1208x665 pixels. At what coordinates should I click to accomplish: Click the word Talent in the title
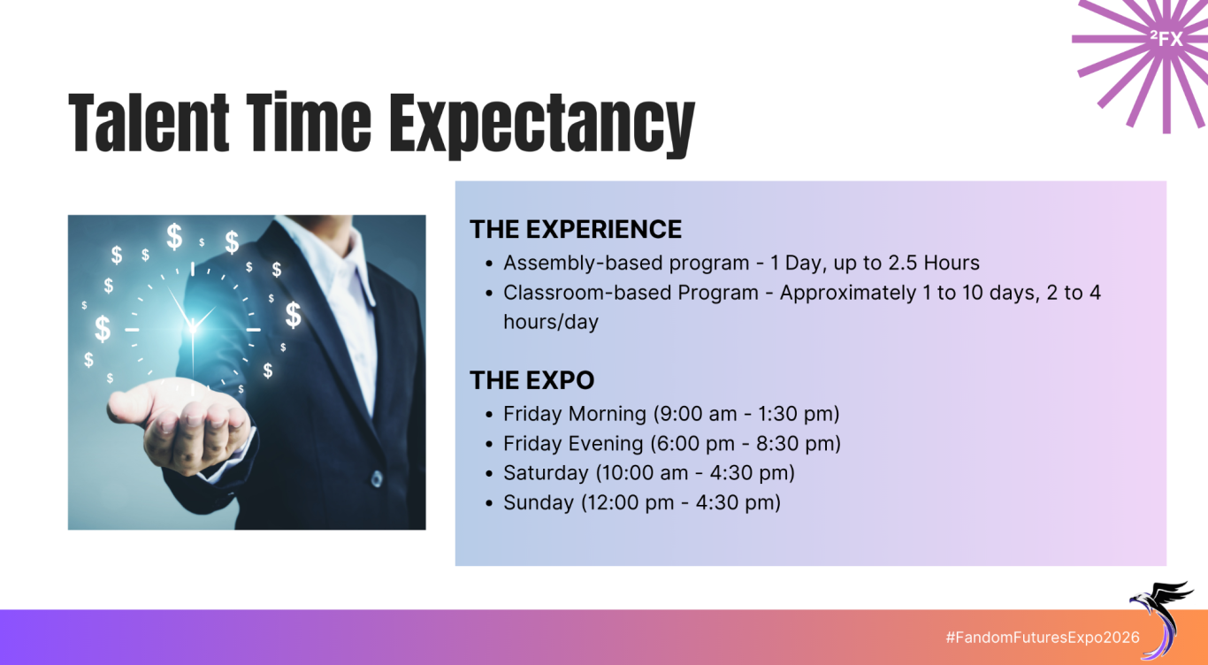pos(149,122)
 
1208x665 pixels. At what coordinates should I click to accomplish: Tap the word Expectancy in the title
pos(542,126)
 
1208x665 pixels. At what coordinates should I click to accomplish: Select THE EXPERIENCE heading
pos(576,229)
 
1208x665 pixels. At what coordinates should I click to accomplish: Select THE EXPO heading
pos(531,380)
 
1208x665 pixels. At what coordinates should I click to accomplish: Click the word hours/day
pos(551,322)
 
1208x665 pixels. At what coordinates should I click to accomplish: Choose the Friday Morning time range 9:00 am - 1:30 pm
pos(746,414)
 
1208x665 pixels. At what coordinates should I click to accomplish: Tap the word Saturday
pos(546,473)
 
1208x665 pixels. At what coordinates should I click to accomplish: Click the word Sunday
pos(539,502)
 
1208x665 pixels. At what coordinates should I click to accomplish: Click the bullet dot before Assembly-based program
pos(489,264)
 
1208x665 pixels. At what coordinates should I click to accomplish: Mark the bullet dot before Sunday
pos(489,504)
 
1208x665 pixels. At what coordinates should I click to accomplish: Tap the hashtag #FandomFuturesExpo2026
pos(1043,638)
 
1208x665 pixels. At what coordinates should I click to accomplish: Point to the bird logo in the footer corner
pos(1160,619)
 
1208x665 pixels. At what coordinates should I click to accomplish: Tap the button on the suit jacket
pos(377,478)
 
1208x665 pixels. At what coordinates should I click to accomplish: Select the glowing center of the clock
pos(193,327)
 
